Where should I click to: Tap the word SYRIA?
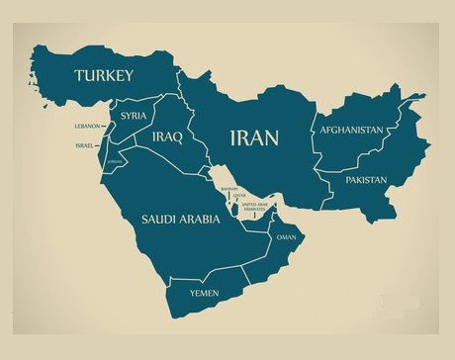[x=135, y=116]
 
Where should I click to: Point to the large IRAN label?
[x=254, y=136]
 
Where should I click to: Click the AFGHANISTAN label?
[x=350, y=130]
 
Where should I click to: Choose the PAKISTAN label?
[x=366, y=180]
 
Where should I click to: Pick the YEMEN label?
[x=204, y=293]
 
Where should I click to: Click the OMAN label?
[x=286, y=237]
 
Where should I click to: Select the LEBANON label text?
[x=87, y=127]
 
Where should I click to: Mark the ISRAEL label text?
[x=85, y=146]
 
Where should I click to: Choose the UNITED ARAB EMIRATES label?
[x=254, y=206]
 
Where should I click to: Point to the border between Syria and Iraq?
[x=149, y=124]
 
